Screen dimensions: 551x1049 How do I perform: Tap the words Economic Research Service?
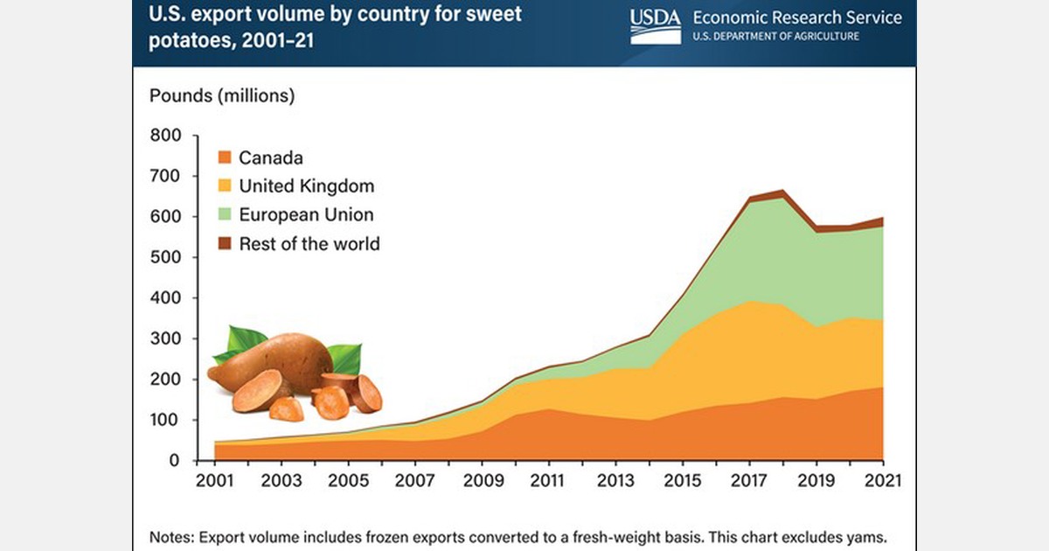796,17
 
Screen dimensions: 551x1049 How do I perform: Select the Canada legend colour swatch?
224,158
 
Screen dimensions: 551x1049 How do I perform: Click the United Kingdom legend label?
306,186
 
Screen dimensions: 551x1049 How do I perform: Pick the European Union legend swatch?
224,215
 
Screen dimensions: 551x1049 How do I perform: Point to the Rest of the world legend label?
309,244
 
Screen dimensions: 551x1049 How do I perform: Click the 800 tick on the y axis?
165,136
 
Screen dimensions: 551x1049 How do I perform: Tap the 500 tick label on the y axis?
165,257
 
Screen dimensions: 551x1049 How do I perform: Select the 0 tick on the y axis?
174,461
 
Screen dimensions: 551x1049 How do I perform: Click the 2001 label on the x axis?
215,481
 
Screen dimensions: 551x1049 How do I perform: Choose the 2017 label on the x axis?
750,481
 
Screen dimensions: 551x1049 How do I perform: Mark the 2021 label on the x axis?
883,481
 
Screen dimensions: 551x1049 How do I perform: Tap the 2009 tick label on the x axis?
482,481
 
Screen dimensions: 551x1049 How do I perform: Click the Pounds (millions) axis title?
222,95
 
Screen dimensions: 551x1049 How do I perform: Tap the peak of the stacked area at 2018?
782,191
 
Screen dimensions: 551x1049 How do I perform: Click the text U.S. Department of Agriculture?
775,36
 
